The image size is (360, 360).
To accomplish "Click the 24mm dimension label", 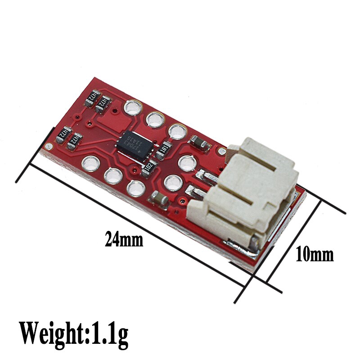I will coord(124,239).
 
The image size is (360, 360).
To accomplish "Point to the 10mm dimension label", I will coord(315,255).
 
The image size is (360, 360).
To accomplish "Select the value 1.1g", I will coord(108,333).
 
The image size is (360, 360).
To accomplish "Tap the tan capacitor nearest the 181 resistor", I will coord(198,143).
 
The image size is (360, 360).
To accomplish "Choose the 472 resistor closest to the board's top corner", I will coord(92,95).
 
